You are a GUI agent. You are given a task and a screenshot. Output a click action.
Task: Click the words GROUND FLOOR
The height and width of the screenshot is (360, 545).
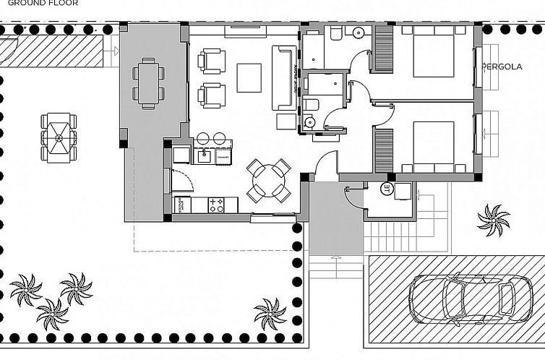[43, 3]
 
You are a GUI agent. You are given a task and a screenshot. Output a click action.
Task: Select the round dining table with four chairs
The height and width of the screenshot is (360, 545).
[268, 181]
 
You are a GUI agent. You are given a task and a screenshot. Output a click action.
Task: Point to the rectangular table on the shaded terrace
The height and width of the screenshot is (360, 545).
[148, 83]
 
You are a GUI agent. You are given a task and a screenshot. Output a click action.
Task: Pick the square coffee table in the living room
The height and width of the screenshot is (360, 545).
[249, 77]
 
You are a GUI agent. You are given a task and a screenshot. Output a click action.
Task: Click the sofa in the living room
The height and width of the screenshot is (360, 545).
[283, 77]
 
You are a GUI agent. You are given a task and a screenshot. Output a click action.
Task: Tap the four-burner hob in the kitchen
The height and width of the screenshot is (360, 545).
[216, 205]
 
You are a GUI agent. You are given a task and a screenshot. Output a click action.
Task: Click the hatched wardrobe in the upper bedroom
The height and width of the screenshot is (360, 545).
[383, 49]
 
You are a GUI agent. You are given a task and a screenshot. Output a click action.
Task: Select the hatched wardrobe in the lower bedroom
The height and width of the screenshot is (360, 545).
[383, 150]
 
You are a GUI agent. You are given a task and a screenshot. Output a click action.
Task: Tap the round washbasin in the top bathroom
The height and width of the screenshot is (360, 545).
[358, 33]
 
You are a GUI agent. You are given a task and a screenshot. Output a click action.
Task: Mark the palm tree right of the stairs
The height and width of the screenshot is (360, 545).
[494, 219]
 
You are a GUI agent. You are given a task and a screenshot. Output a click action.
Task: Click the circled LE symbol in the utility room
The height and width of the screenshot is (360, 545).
[387, 191]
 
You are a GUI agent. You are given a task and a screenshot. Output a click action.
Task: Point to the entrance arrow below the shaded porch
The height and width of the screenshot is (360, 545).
[335, 260]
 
